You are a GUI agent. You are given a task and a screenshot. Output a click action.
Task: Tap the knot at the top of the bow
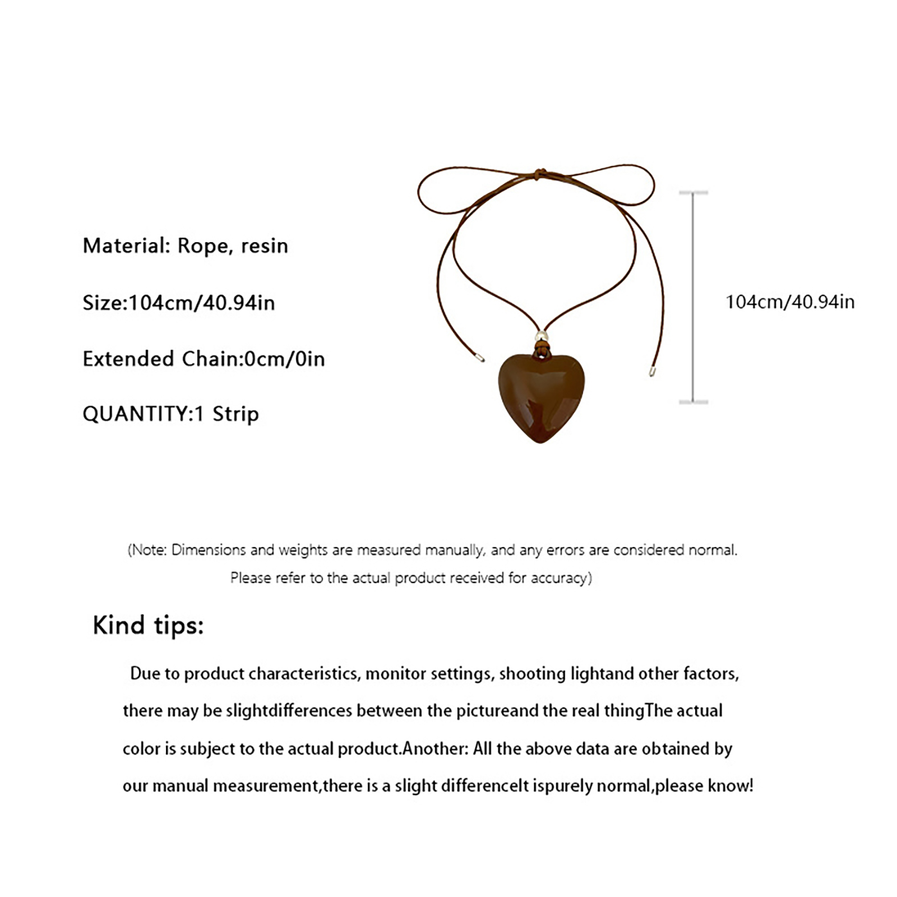coord(539,173)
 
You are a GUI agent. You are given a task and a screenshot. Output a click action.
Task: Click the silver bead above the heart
coord(541,336)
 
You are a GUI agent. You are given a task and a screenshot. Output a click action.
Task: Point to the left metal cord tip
coord(480,357)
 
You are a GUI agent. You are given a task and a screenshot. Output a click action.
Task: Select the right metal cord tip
coord(651,371)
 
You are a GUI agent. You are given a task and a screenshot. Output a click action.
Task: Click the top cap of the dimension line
coord(693,192)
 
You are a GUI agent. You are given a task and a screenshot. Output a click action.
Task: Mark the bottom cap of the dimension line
coord(693,402)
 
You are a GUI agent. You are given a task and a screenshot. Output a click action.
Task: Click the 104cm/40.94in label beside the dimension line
coord(790,302)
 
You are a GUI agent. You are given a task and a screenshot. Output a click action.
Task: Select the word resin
coord(265,246)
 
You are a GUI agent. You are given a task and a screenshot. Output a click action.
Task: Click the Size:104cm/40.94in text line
coord(179,303)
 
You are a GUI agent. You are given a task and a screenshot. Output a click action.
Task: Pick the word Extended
coord(128,359)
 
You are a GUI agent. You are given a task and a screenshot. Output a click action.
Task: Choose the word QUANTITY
coord(135,414)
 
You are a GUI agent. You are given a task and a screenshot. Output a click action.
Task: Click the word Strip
coord(235,414)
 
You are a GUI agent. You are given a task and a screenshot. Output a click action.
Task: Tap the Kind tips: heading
coord(148,625)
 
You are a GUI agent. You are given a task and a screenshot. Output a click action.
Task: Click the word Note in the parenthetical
coord(149,550)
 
